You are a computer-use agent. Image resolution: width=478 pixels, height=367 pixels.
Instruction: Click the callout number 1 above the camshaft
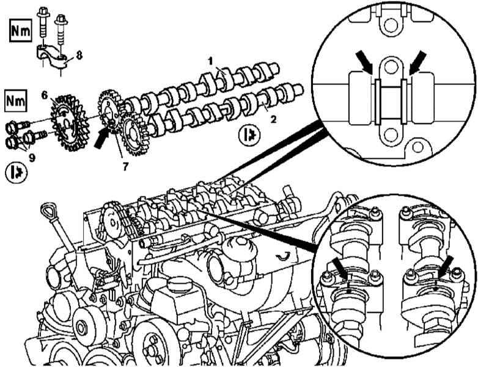(210, 61)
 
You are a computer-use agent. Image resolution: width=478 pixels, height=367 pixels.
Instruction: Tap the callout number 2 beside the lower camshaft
(273, 120)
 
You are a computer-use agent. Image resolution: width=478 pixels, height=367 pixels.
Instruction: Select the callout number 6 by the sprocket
(45, 95)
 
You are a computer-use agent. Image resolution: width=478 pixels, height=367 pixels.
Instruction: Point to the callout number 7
(125, 166)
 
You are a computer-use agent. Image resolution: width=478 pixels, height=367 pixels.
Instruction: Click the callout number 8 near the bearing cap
(79, 55)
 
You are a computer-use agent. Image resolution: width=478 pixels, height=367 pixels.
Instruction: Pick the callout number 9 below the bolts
(32, 158)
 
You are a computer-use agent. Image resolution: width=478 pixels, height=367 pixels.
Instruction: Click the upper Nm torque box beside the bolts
(20, 31)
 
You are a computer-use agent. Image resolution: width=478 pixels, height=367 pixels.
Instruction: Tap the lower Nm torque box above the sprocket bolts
(15, 101)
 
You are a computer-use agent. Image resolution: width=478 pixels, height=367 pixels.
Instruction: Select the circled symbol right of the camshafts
(249, 136)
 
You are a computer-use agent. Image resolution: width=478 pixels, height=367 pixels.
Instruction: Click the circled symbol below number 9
(16, 172)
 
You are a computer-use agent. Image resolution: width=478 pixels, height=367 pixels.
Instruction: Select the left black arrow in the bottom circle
(340, 267)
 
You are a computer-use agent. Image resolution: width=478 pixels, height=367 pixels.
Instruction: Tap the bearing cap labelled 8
(53, 56)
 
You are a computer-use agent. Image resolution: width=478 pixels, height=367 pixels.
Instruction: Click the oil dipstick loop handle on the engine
(49, 211)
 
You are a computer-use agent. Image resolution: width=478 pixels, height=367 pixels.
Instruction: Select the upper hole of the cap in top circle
(391, 66)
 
